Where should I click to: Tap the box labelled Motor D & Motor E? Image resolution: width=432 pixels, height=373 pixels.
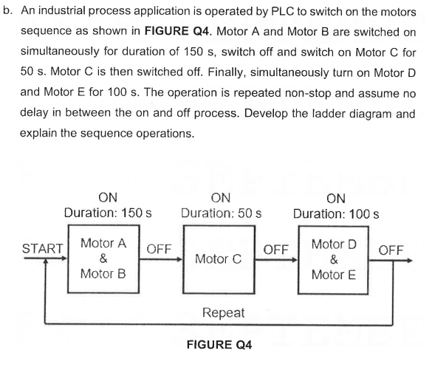tap(335, 259)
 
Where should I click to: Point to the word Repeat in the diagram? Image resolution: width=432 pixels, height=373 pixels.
tap(223, 312)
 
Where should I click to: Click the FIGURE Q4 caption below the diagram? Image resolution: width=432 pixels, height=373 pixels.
tap(219, 344)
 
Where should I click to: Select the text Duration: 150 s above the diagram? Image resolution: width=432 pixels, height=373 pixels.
tap(107, 213)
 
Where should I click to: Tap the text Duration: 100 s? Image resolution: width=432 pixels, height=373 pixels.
tap(336, 213)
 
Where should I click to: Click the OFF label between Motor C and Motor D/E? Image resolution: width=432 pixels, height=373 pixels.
tap(276, 249)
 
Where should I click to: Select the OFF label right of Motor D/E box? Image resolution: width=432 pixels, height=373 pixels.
tap(391, 249)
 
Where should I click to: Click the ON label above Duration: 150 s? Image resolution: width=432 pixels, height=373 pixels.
tap(107, 197)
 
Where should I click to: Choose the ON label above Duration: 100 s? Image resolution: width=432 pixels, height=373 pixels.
tap(336, 197)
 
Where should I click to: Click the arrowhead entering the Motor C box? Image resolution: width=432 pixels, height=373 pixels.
tap(180, 259)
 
